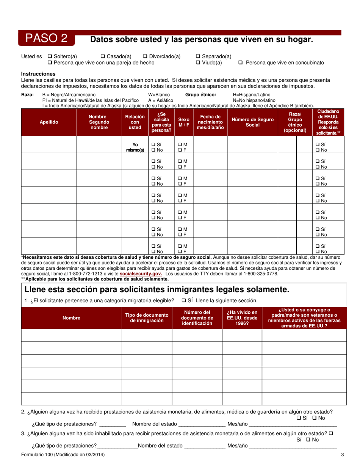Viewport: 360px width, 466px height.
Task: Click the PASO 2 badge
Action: tap(46, 38)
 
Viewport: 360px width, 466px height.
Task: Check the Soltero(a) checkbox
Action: tap(50, 56)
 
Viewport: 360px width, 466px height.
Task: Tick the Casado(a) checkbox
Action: tap(103, 56)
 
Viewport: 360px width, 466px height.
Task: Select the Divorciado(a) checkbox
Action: tap(145, 56)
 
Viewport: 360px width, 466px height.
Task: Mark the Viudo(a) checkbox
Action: tap(198, 63)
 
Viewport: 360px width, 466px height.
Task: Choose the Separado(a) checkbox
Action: tap(198, 56)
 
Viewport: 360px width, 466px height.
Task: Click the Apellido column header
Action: tap(49, 122)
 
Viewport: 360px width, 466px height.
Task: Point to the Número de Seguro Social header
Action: tap(252, 122)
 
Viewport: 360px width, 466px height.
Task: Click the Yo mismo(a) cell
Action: tap(135, 147)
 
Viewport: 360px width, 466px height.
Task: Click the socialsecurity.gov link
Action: tap(141, 274)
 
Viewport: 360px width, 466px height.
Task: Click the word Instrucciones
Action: tap(38, 74)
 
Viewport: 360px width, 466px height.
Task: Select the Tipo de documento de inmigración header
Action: tap(147, 318)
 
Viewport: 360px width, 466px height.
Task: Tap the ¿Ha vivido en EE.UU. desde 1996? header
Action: tap(242, 318)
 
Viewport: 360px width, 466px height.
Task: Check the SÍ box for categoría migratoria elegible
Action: tap(184, 301)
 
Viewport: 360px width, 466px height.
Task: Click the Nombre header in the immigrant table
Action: tap(71, 318)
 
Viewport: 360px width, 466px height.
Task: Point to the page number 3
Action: tap(342, 455)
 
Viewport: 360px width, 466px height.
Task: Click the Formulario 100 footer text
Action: tap(63, 455)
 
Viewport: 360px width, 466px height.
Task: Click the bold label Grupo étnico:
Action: tap(200, 95)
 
